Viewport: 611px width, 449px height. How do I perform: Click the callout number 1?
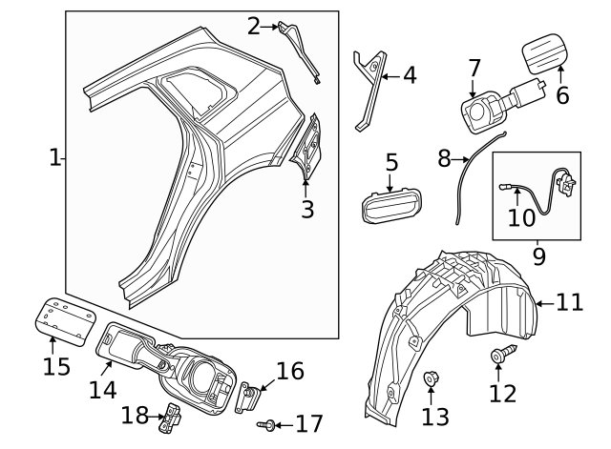(x=54, y=157)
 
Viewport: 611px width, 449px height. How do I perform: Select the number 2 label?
(x=253, y=26)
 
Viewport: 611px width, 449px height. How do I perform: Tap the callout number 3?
(x=306, y=209)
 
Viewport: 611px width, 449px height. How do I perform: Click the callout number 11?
(x=569, y=302)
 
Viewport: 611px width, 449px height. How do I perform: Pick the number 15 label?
(x=56, y=366)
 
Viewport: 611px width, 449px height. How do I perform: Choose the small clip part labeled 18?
(x=172, y=416)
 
